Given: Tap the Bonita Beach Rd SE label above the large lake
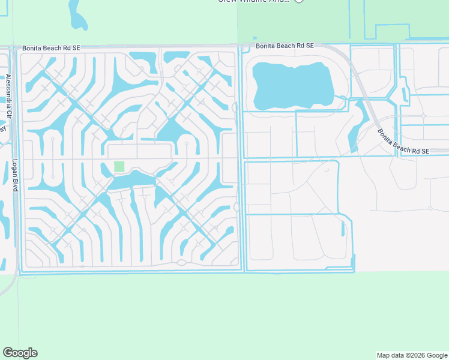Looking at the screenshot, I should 284,46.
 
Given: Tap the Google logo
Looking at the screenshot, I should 20,352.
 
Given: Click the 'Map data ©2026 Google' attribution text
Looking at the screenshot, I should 412,355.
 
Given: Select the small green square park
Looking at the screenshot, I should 119,166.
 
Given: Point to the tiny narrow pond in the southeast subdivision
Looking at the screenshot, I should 343,229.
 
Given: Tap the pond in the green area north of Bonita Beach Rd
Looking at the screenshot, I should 76,14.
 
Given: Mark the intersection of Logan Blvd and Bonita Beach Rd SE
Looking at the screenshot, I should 16,47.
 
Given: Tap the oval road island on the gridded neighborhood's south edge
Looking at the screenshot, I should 181,262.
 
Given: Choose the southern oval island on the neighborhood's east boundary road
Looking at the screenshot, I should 237,207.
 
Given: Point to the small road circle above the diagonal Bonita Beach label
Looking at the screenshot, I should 424,115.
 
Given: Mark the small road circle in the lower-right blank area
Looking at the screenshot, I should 430,208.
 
